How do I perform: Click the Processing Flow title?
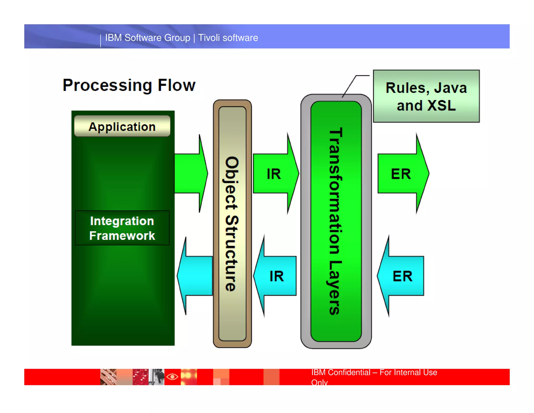129,85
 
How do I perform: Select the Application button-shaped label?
122,126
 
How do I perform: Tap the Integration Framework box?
122,228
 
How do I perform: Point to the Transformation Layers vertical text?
335,221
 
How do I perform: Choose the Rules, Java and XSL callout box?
426,96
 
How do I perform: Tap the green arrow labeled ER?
402,174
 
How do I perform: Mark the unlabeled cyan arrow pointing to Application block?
196,276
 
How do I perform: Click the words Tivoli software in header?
228,38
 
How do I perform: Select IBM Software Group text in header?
148,38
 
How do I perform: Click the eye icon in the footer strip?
172,377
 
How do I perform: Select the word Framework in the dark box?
122,236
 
